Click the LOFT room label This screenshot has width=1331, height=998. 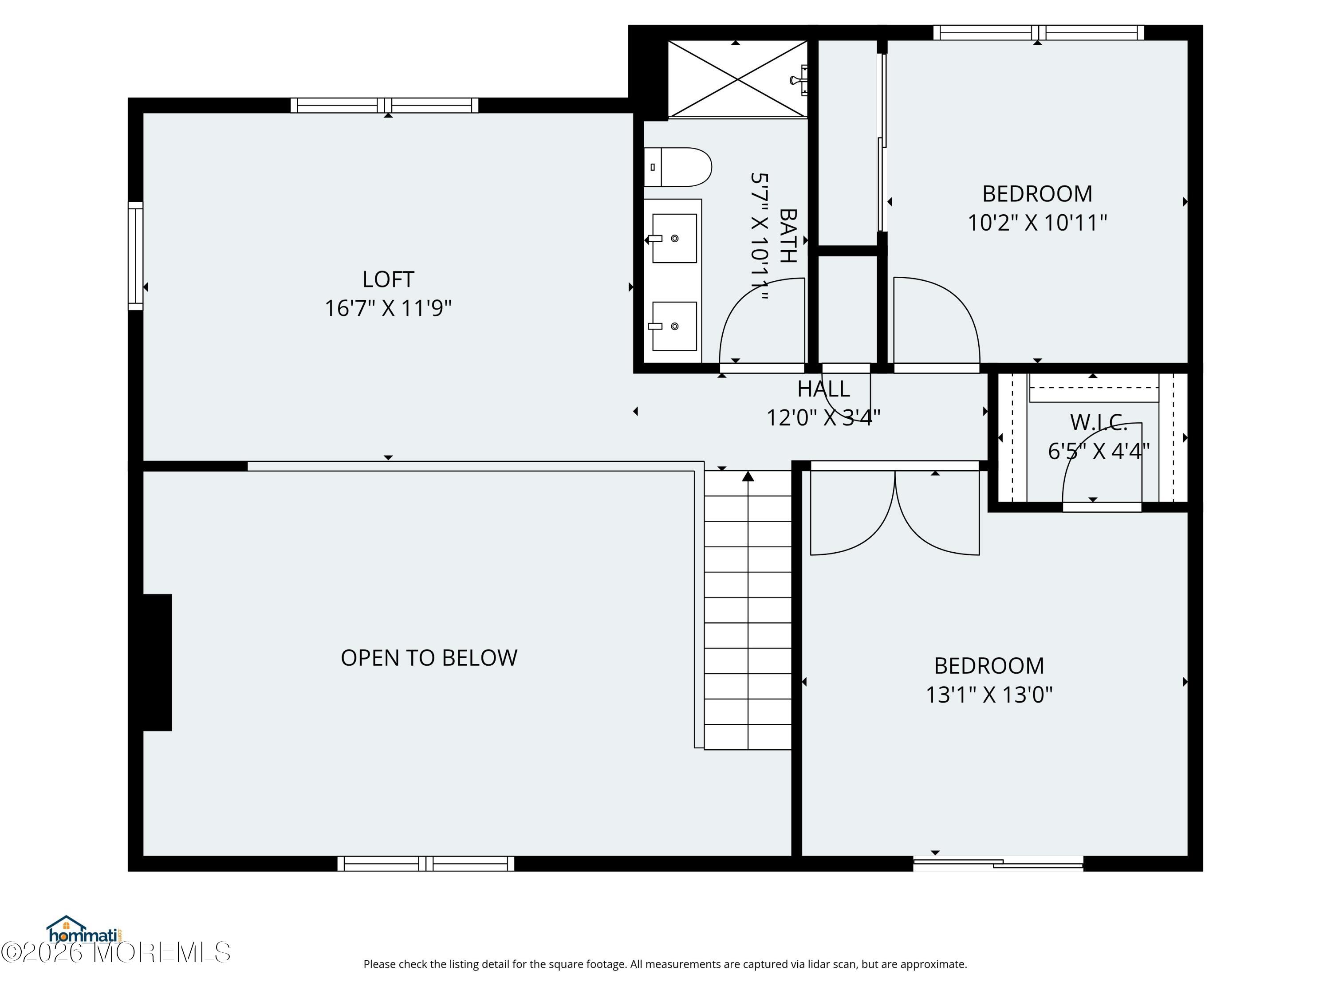coord(388,279)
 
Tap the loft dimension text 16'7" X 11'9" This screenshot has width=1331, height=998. coord(388,308)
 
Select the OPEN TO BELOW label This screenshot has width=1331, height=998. coord(429,657)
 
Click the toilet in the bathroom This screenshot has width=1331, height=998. coord(678,167)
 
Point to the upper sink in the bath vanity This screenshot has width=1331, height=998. coord(674,238)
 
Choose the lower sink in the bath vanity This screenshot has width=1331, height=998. coord(674,326)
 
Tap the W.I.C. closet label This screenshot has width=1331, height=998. coord(1099,422)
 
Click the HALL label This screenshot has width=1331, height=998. coord(824,389)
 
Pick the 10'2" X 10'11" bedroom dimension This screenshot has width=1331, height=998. coord(1037,223)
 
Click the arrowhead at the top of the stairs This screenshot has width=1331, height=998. coord(748,476)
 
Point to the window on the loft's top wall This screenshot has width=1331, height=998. coord(385,105)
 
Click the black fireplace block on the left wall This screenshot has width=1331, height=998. coord(157,662)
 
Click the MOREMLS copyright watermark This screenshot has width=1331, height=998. coord(115,952)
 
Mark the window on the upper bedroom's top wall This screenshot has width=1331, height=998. coord(1039,33)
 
